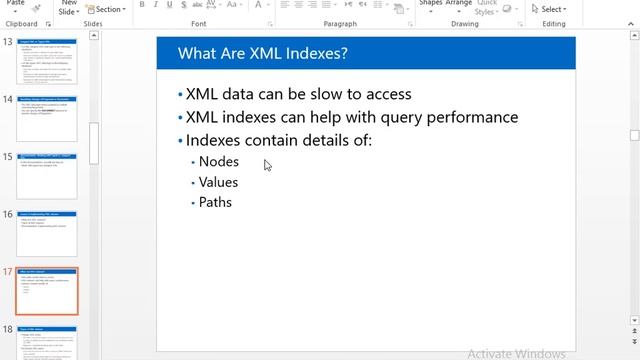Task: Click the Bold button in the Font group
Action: [x=142, y=5]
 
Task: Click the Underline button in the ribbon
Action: [x=170, y=5]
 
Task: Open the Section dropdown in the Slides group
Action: [x=109, y=9]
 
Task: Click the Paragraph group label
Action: [x=340, y=23]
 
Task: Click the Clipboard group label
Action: [x=22, y=23]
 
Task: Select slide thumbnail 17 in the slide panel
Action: [x=46, y=291]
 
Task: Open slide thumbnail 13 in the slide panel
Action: [x=46, y=61]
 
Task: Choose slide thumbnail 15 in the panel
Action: [x=46, y=176]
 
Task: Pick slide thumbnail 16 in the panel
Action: [x=46, y=233]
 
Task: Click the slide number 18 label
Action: [x=8, y=329]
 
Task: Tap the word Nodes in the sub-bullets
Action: [x=219, y=162]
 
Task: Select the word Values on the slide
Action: [x=218, y=182]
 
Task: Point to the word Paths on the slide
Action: [x=215, y=202]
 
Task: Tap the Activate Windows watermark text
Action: [x=516, y=353]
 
